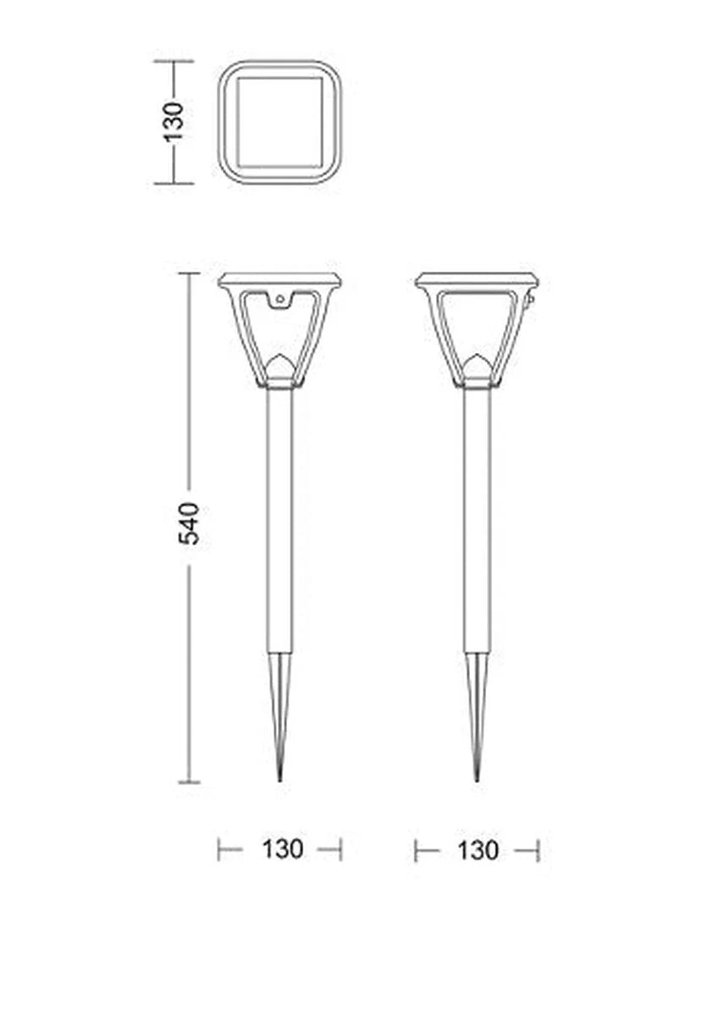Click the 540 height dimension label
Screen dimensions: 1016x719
click(x=191, y=523)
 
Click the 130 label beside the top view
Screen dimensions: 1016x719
click(x=174, y=121)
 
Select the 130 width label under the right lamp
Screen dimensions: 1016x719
click(x=478, y=850)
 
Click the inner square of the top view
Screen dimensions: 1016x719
click(x=279, y=122)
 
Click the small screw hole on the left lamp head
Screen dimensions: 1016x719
click(x=279, y=298)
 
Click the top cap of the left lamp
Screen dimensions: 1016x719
click(x=279, y=280)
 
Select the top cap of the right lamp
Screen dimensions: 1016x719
click(x=477, y=280)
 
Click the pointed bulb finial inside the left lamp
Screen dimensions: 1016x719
click(x=280, y=367)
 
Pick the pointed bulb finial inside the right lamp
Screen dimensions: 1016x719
click(x=477, y=367)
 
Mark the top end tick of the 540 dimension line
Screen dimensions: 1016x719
click(x=189, y=273)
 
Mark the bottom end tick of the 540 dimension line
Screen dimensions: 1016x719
click(x=189, y=781)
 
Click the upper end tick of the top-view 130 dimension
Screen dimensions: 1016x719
click(x=174, y=61)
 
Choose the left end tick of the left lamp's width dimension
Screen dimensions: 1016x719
click(x=219, y=849)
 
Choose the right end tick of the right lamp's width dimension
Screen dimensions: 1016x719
click(x=538, y=850)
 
